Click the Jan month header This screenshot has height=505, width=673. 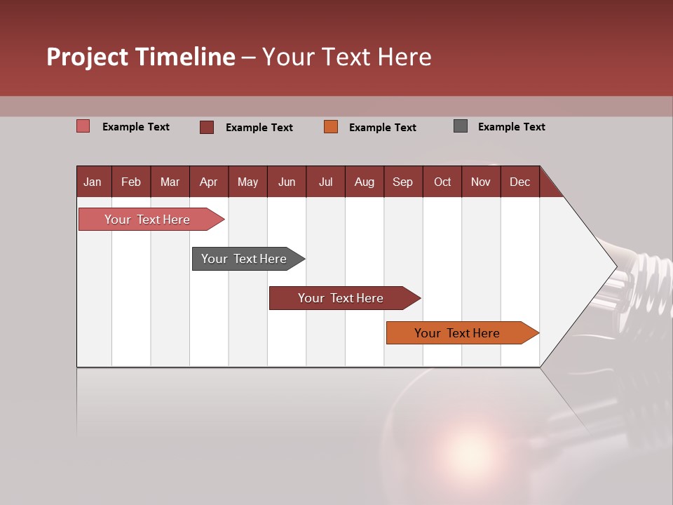click(x=93, y=182)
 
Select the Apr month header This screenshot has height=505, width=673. click(x=208, y=182)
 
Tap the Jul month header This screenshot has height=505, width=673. click(x=325, y=182)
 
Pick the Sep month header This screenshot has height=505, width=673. click(x=402, y=182)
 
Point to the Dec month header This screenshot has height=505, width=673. click(x=519, y=182)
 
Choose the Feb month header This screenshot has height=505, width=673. click(x=131, y=182)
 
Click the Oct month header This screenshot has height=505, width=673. click(x=442, y=182)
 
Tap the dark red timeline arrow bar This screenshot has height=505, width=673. click(x=341, y=298)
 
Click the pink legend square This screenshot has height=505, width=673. click(x=83, y=126)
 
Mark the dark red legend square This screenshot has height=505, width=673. click(x=206, y=127)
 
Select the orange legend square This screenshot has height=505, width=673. click(x=331, y=126)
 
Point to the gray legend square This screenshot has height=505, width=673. click(x=461, y=126)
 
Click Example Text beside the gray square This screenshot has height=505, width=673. click(x=511, y=127)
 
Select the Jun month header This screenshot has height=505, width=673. click(x=287, y=182)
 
